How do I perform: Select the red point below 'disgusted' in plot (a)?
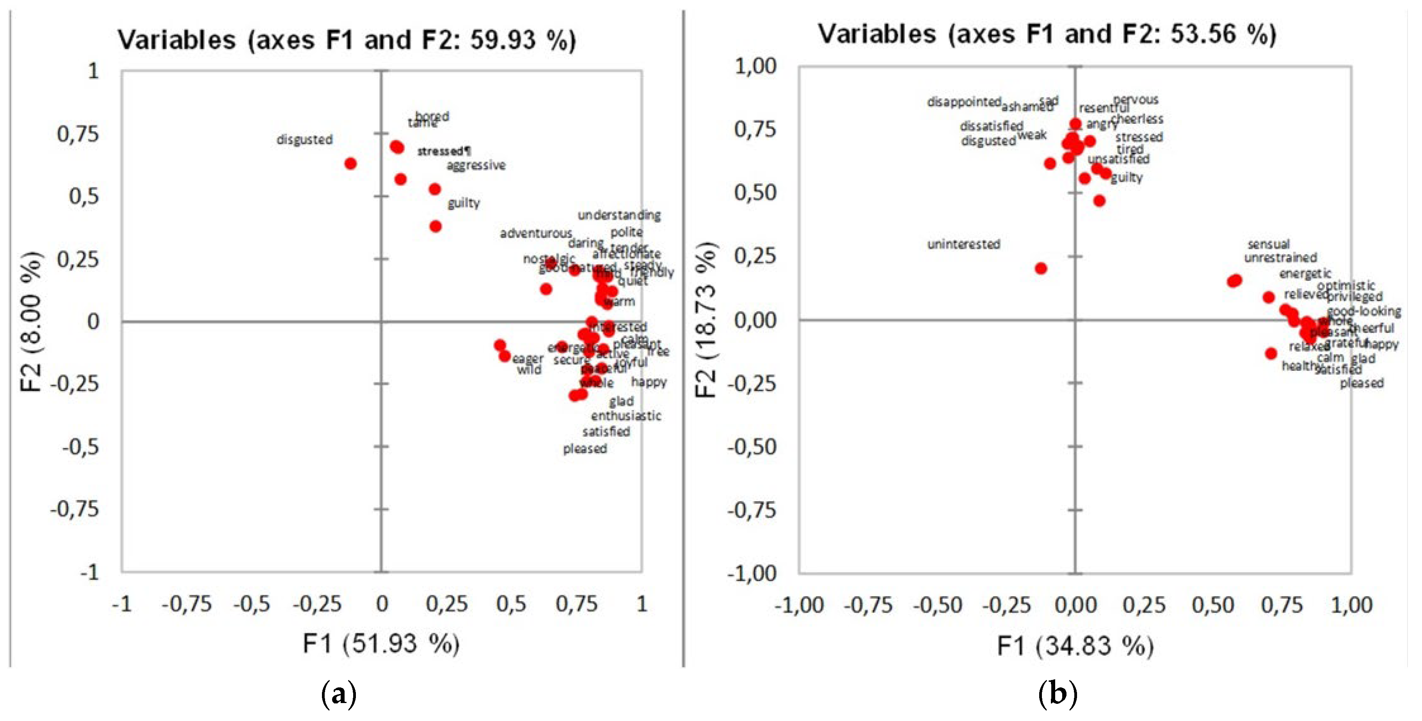tap(350, 164)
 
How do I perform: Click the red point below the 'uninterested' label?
tap(1041, 268)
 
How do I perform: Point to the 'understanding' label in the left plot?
tap(619, 215)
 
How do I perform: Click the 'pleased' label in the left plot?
tap(585, 449)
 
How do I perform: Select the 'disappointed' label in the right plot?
tap(964, 102)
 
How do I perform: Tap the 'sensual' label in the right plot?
tap(1268, 244)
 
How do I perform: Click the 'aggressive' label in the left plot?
tap(476, 165)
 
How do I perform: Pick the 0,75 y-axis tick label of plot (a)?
tap(78, 134)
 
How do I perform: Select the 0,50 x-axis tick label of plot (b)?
tap(1213, 605)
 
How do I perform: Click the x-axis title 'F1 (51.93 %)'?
tap(381, 644)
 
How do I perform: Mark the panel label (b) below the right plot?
tap(1057, 694)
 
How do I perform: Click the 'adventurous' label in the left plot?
tap(535, 233)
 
